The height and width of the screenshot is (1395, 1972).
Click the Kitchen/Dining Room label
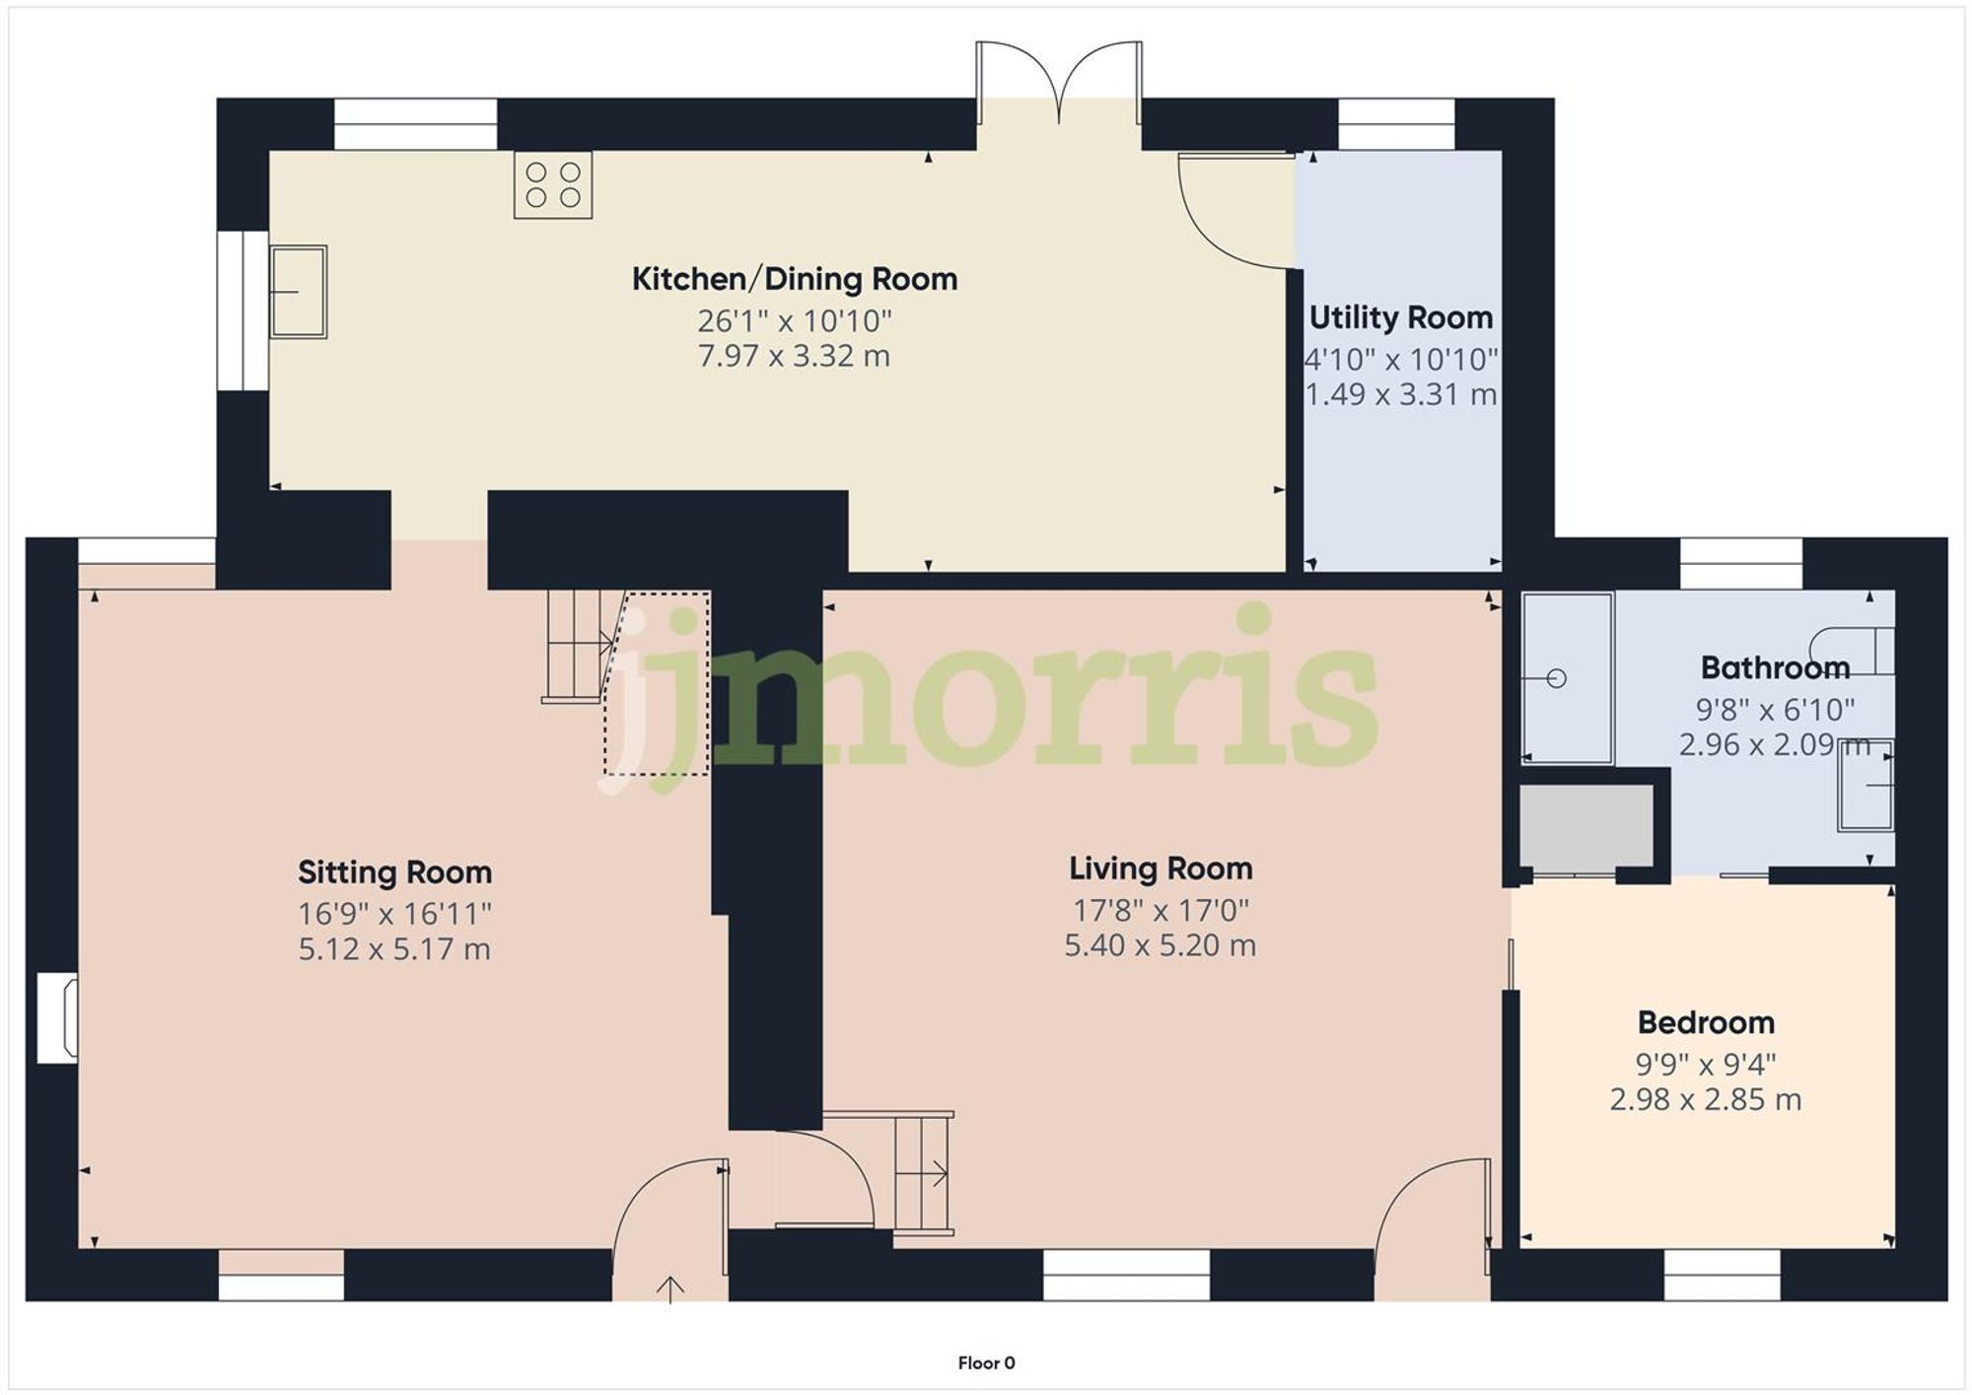point(794,279)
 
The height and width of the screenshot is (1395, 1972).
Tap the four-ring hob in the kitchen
point(552,184)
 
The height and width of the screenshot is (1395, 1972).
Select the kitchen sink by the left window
point(298,292)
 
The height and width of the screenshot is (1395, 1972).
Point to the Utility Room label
point(1400,317)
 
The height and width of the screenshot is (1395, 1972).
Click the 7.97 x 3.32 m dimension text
point(794,356)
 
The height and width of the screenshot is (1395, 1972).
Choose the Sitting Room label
point(394,872)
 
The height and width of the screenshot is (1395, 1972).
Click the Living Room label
point(1161,869)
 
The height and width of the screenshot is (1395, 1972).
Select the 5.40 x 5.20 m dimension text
point(1160,945)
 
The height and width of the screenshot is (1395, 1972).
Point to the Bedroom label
point(1706,1022)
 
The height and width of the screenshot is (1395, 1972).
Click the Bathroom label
point(1775,667)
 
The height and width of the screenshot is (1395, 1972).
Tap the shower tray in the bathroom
point(1568,677)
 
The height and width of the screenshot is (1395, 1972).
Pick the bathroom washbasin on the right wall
point(1866,785)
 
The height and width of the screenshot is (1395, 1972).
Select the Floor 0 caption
point(986,1362)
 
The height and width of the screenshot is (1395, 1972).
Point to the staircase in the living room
point(923,1173)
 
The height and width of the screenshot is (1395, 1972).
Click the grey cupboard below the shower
point(1585,825)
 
